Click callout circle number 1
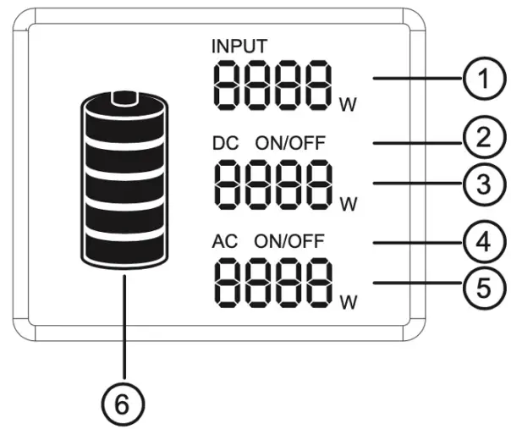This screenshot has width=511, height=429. point(480,82)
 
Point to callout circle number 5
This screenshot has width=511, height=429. point(480,287)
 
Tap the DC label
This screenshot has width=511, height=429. point(223,143)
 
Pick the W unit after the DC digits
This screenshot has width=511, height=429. point(347,204)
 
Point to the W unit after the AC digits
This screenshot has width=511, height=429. point(347,301)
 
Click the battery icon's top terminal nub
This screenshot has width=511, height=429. point(125,98)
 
